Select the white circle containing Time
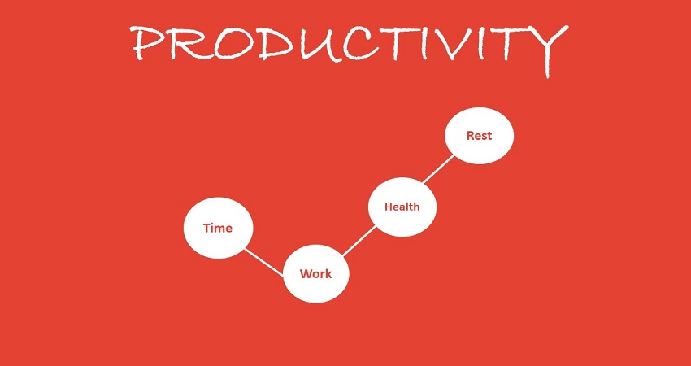218,228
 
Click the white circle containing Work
316,273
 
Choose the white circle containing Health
402,207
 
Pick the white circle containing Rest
480,136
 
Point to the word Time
218,228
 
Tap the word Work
316,273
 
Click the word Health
402,207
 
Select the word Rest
480,136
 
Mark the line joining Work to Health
359,242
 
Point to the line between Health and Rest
441,171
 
